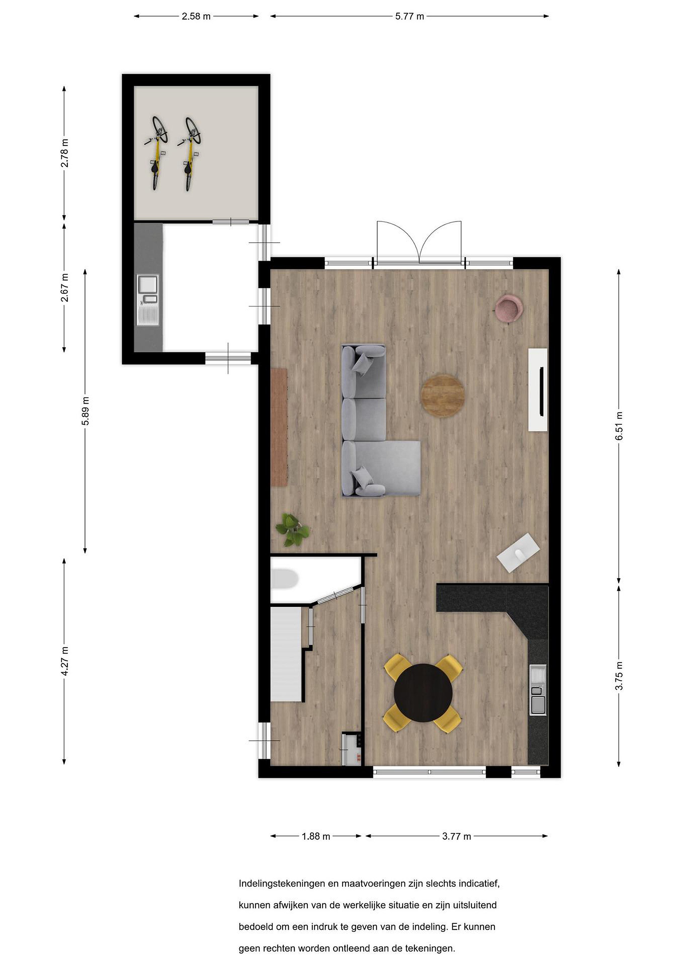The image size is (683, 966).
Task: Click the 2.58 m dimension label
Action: click(x=196, y=16)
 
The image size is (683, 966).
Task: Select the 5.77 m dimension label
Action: click(x=409, y=16)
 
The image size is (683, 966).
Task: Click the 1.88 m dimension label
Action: click(x=316, y=836)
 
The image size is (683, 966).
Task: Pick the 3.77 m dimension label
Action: click(x=456, y=836)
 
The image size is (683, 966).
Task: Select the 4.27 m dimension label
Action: click(x=64, y=661)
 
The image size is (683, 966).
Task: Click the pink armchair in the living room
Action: click(x=509, y=308)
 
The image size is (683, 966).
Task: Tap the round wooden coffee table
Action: click(x=443, y=396)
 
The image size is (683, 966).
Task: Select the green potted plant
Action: click(x=292, y=530)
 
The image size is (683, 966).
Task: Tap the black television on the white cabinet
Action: click(x=542, y=391)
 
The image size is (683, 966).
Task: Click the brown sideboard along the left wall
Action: click(x=279, y=427)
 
